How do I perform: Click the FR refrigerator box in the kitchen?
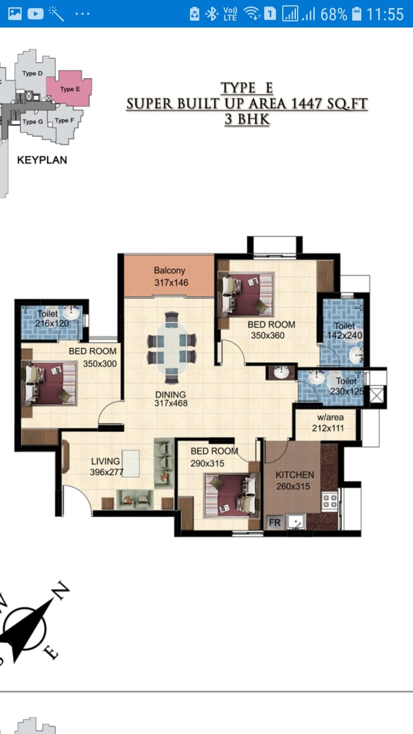275,522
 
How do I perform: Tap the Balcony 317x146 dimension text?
171,283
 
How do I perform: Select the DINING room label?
170,395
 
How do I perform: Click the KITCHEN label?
295,474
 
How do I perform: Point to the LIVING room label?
106,462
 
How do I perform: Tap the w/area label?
330,417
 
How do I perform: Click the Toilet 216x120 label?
52,318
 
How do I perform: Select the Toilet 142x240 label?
345,331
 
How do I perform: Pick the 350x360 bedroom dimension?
268,335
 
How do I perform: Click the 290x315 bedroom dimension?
208,463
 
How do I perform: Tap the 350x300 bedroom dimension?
100,364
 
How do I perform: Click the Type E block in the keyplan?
69,88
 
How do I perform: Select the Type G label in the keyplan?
33,122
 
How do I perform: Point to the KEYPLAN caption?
42,160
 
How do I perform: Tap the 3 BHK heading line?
247,119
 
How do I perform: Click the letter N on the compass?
61,591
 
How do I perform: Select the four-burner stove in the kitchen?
330,501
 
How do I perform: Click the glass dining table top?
172,348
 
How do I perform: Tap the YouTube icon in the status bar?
36,14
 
